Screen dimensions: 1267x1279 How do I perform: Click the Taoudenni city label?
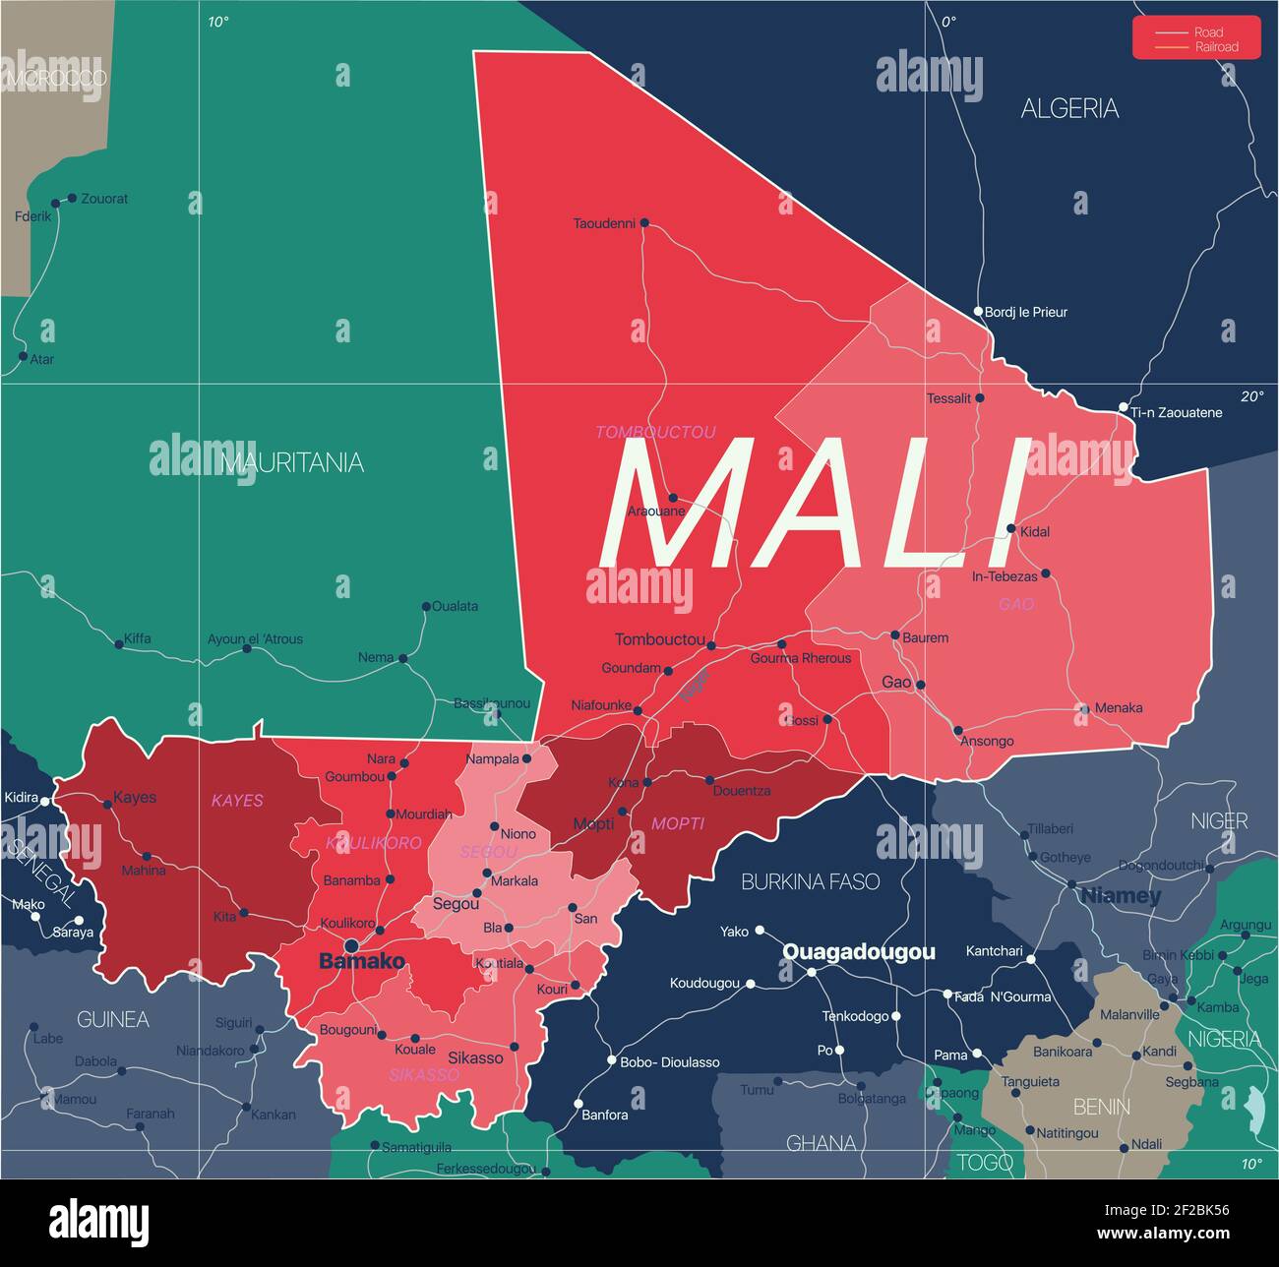point(604,223)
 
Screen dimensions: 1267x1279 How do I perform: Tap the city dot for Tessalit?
point(979,398)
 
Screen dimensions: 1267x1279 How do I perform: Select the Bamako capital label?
point(361,961)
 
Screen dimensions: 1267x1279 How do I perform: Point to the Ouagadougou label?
point(858,951)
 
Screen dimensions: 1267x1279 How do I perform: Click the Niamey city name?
point(1121,895)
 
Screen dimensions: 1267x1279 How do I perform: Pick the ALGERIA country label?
point(1069,108)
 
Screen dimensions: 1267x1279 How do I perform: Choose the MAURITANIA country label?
point(292,462)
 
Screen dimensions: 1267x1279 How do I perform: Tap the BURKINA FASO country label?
point(810,881)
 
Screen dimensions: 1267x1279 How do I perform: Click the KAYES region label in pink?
point(237,801)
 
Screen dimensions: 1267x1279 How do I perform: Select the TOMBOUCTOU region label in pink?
point(655,432)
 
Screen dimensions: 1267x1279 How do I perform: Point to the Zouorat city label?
point(104,199)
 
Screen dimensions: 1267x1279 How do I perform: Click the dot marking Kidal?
point(1010,528)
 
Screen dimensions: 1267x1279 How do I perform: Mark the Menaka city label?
point(1119,707)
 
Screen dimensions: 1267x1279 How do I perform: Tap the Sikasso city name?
point(475,1057)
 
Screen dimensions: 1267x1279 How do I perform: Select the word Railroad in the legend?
point(1216,46)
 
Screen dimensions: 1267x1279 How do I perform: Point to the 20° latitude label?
point(1251,396)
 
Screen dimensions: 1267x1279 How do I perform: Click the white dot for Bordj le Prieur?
point(978,312)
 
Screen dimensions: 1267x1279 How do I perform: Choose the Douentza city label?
point(742,791)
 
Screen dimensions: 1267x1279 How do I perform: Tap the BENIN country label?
point(1101,1107)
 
